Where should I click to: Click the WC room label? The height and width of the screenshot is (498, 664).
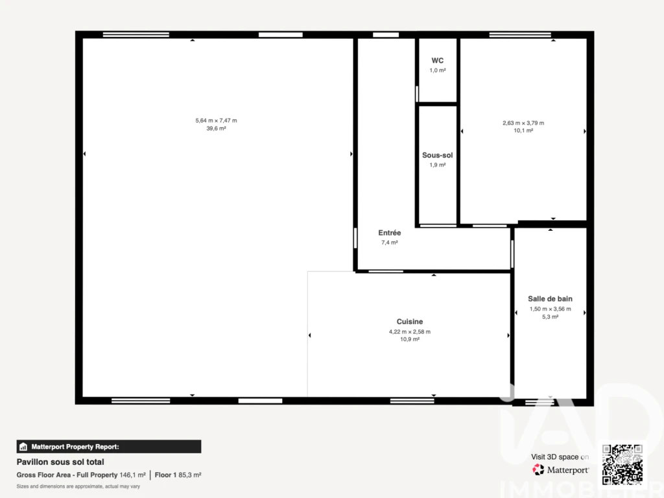click(x=438, y=60)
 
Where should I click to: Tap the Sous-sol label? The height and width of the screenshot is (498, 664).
click(x=438, y=156)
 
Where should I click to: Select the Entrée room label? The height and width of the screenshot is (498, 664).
click(x=390, y=233)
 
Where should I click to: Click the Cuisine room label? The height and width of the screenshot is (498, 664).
click(x=410, y=322)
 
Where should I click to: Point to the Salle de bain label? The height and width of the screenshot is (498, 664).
click(x=550, y=299)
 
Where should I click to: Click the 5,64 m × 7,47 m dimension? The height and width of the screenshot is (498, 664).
click(x=216, y=121)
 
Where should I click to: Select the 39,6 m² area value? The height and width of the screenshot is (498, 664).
click(x=216, y=128)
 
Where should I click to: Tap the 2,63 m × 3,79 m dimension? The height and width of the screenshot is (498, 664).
click(x=523, y=123)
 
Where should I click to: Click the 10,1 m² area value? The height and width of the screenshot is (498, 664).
click(x=523, y=130)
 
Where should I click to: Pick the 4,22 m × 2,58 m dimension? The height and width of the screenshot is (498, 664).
click(x=410, y=332)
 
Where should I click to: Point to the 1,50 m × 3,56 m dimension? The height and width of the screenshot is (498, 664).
click(x=550, y=309)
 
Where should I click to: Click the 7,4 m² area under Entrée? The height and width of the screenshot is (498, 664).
click(x=390, y=243)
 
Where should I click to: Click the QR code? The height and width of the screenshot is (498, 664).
click(x=622, y=464)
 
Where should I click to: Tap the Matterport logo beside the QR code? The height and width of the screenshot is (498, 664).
click(x=560, y=469)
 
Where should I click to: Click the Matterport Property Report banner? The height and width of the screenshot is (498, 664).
click(x=109, y=447)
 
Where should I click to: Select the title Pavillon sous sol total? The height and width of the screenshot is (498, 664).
click(x=60, y=462)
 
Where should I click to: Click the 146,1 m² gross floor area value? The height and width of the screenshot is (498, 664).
click(x=132, y=475)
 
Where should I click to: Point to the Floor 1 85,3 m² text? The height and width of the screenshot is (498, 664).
click(x=178, y=475)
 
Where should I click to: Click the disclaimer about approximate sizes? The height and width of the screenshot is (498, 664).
click(x=78, y=486)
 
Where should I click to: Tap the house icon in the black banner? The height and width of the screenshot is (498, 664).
click(x=23, y=447)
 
